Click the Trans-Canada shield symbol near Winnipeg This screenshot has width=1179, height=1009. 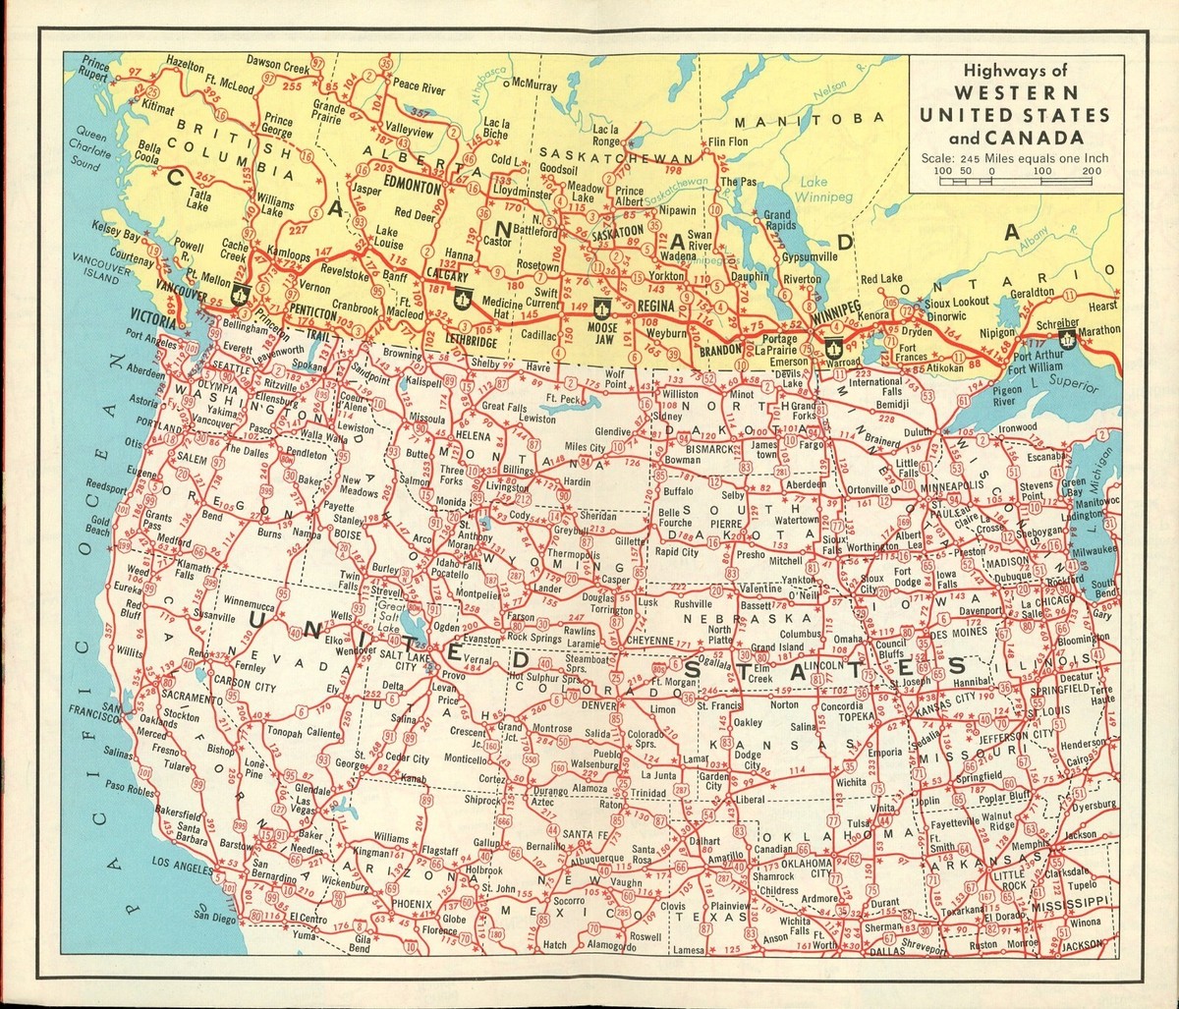tap(833, 345)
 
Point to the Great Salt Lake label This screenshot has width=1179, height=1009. tap(392, 618)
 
